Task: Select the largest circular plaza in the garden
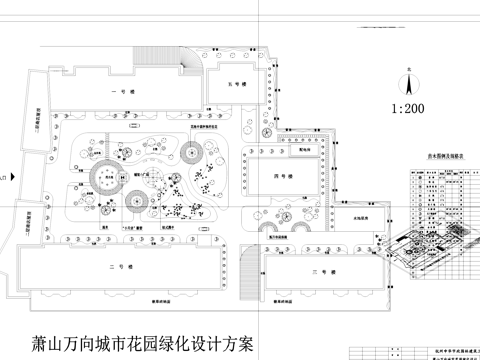coord(102,178)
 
